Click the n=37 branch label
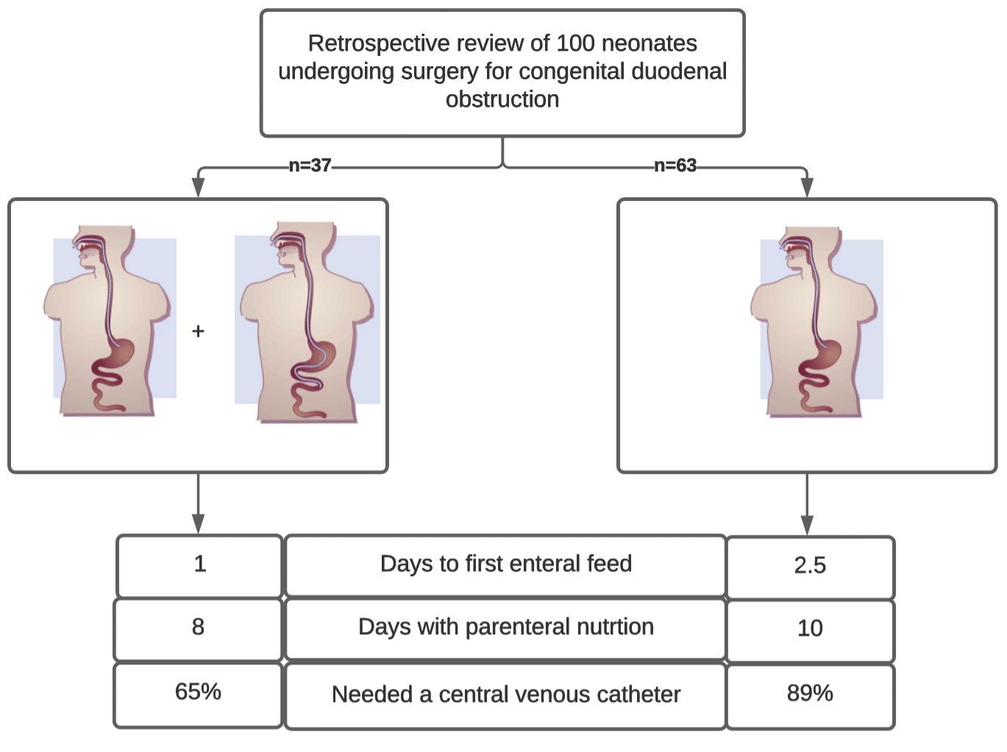coord(310,166)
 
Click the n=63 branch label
coord(675,166)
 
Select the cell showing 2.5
coord(810,566)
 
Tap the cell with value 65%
coord(198,692)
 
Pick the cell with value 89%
coord(810,693)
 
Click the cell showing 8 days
coord(198,628)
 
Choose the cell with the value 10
coord(810,628)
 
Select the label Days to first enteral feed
coord(505,564)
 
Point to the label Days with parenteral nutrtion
coord(505,627)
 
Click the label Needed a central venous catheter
coord(505,695)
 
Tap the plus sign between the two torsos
coord(198,331)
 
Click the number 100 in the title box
coord(575,43)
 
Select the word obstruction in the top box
coord(502,99)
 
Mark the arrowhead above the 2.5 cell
coord(807,525)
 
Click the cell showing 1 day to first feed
coord(199,564)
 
